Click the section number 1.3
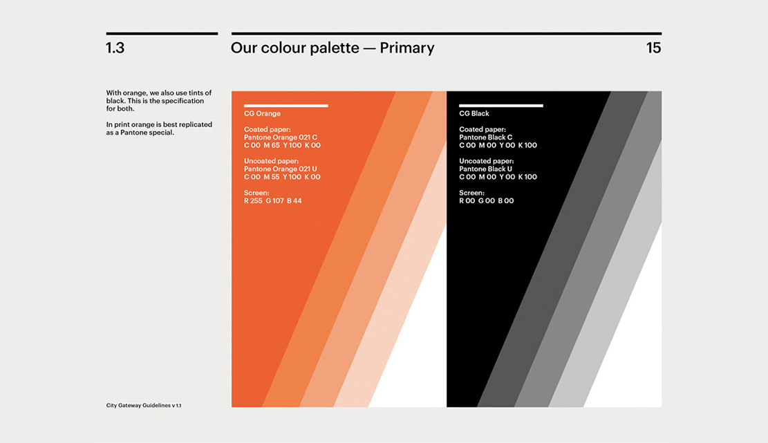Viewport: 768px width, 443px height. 115,48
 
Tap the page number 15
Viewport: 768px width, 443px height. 653,48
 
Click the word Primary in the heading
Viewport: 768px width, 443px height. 407,48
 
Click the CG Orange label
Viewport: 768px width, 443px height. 262,113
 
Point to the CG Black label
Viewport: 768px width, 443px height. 474,113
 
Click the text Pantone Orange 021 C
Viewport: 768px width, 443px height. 281,138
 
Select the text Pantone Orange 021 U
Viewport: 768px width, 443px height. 281,169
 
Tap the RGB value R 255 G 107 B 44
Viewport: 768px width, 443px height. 273,200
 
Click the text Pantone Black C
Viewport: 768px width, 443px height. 485,138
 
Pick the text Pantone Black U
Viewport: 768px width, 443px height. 485,169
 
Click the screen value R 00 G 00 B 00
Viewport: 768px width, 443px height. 487,200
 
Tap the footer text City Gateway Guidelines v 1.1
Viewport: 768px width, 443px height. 144,405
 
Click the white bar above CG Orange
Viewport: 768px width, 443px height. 286,105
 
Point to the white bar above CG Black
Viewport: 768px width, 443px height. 501,105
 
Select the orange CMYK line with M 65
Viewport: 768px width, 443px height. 282,145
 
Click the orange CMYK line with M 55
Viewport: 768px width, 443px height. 282,177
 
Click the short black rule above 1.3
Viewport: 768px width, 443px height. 162,34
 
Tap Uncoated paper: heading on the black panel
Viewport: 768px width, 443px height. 487,161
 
